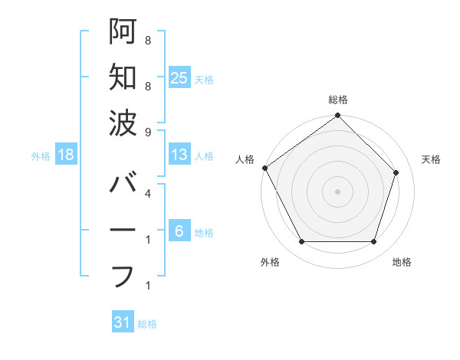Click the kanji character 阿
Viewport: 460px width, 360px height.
[x=123, y=32]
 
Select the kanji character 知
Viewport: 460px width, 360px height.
[x=123, y=77]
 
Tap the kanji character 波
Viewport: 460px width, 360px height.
[x=123, y=122]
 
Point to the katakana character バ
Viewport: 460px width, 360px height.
[x=123, y=185]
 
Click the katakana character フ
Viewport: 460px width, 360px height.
[x=123, y=275]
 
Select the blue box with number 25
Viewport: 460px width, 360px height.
[x=179, y=78]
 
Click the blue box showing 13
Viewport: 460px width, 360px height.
[x=179, y=155]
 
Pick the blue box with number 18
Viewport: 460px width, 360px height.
[x=66, y=155]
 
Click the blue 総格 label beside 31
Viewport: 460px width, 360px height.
[x=147, y=324]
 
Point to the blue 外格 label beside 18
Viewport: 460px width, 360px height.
[x=40, y=156]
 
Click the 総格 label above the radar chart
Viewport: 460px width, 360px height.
[x=338, y=100]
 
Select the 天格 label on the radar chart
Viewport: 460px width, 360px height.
[x=432, y=159]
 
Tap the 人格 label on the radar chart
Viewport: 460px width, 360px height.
[x=245, y=159]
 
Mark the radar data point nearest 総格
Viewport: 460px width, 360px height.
[x=338, y=116]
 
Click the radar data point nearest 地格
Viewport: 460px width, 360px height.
[x=374, y=242]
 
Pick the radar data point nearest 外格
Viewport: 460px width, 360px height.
[x=301, y=242]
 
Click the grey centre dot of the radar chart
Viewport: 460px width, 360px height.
[x=338, y=191]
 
